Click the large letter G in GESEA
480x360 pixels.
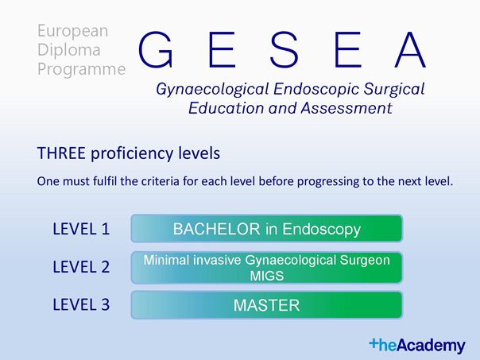155,49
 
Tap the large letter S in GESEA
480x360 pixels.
284,49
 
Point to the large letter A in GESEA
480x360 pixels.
410,49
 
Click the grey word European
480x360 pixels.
72,31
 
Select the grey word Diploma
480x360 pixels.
69,50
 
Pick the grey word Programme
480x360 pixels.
81,69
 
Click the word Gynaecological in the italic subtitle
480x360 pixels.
212,89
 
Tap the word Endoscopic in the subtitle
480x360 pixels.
316,89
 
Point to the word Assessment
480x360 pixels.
346,108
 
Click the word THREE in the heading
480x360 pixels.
61,153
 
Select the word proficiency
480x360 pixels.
132,153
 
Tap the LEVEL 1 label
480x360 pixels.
81,229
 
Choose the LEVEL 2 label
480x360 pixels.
81,267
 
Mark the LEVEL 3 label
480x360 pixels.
81,304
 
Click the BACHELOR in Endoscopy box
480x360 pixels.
267,228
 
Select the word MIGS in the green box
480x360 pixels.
267,276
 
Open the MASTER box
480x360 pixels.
267,305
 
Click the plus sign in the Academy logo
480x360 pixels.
374,343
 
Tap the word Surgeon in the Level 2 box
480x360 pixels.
365,261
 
